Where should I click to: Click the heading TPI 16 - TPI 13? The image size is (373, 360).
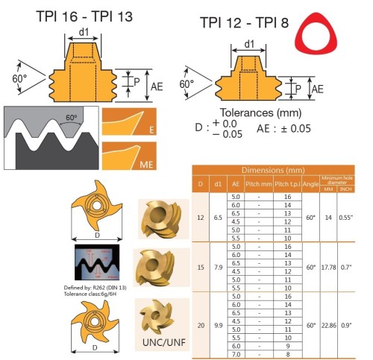click(x=84, y=16)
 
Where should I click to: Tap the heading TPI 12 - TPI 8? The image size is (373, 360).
click(x=244, y=22)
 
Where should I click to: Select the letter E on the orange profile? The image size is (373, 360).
click(x=151, y=130)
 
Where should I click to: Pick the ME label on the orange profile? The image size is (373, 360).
click(x=146, y=165)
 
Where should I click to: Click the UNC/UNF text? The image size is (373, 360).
click(x=164, y=342)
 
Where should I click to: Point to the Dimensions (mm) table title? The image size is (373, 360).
click(x=273, y=170)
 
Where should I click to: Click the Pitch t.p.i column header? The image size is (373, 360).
click(x=287, y=184)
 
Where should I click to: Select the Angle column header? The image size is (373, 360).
click(x=310, y=184)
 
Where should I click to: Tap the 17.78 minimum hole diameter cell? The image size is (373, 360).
click(x=328, y=268)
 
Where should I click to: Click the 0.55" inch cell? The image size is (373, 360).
click(x=346, y=218)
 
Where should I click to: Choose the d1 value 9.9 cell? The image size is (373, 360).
click(x=218, y=325)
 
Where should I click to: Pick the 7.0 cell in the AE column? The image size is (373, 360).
click(x=236, y=354)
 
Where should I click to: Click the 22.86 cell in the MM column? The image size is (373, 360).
click(x=328, y=325)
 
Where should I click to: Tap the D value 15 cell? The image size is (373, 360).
click(x=201, y=268)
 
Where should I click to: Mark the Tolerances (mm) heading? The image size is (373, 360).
click(x=260, y=113)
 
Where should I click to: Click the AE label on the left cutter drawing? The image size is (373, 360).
click(x=157, y=86)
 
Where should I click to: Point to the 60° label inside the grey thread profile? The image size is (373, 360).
click(x=72, y=117)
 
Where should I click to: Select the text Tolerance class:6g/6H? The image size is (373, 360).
click(x=90, y=294)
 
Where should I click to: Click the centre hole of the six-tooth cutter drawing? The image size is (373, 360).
click(x=94, y=322)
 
